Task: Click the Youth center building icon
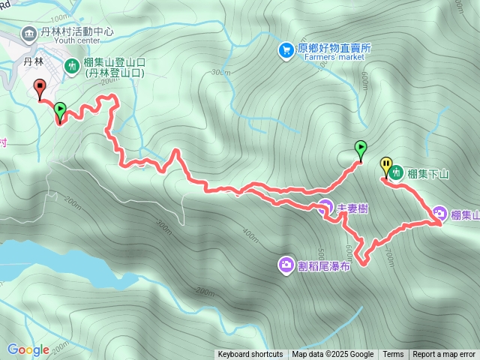(29, 33)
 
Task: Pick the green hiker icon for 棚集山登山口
(73, 66)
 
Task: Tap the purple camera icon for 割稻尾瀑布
(286, 264)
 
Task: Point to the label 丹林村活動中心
(79, 33)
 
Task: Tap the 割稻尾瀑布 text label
(324, 265)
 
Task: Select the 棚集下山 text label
(427, 173)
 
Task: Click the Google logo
(28, 349)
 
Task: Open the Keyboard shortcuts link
(250, 355)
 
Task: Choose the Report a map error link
(444, 355)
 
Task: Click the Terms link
(393, 355)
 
